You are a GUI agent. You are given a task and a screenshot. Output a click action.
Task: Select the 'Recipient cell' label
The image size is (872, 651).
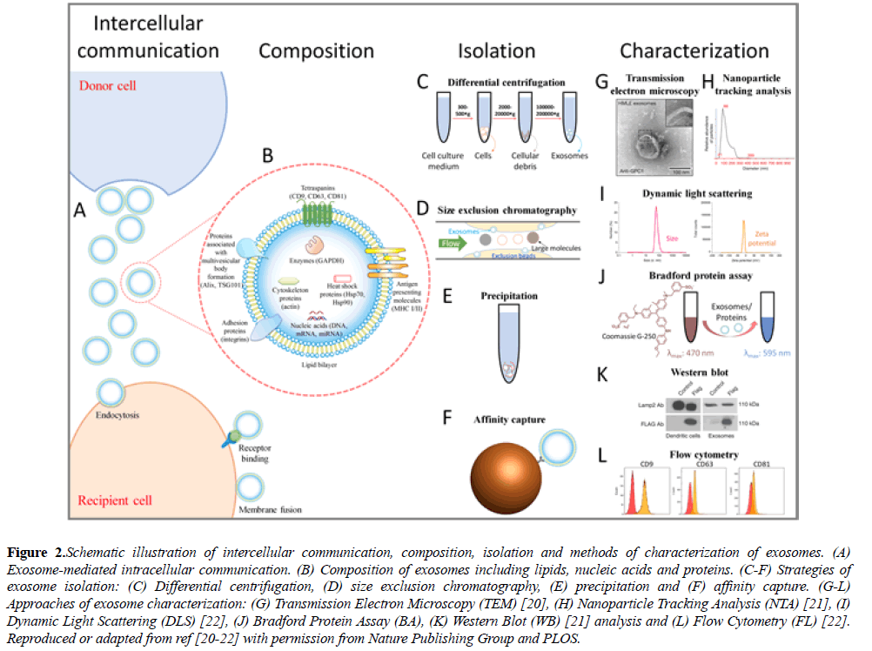(x=115, y=500)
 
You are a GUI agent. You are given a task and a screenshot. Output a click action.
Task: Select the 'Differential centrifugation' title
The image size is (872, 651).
(x=506, y=83)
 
